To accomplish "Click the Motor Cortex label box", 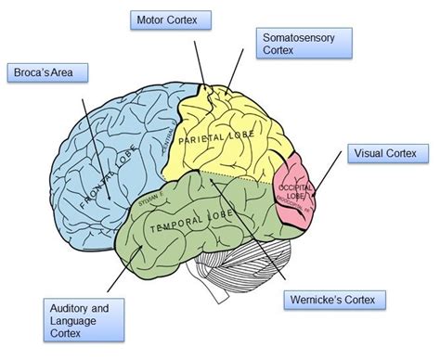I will (x=173, y=19).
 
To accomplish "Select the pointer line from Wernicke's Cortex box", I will (x=251, y=232).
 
